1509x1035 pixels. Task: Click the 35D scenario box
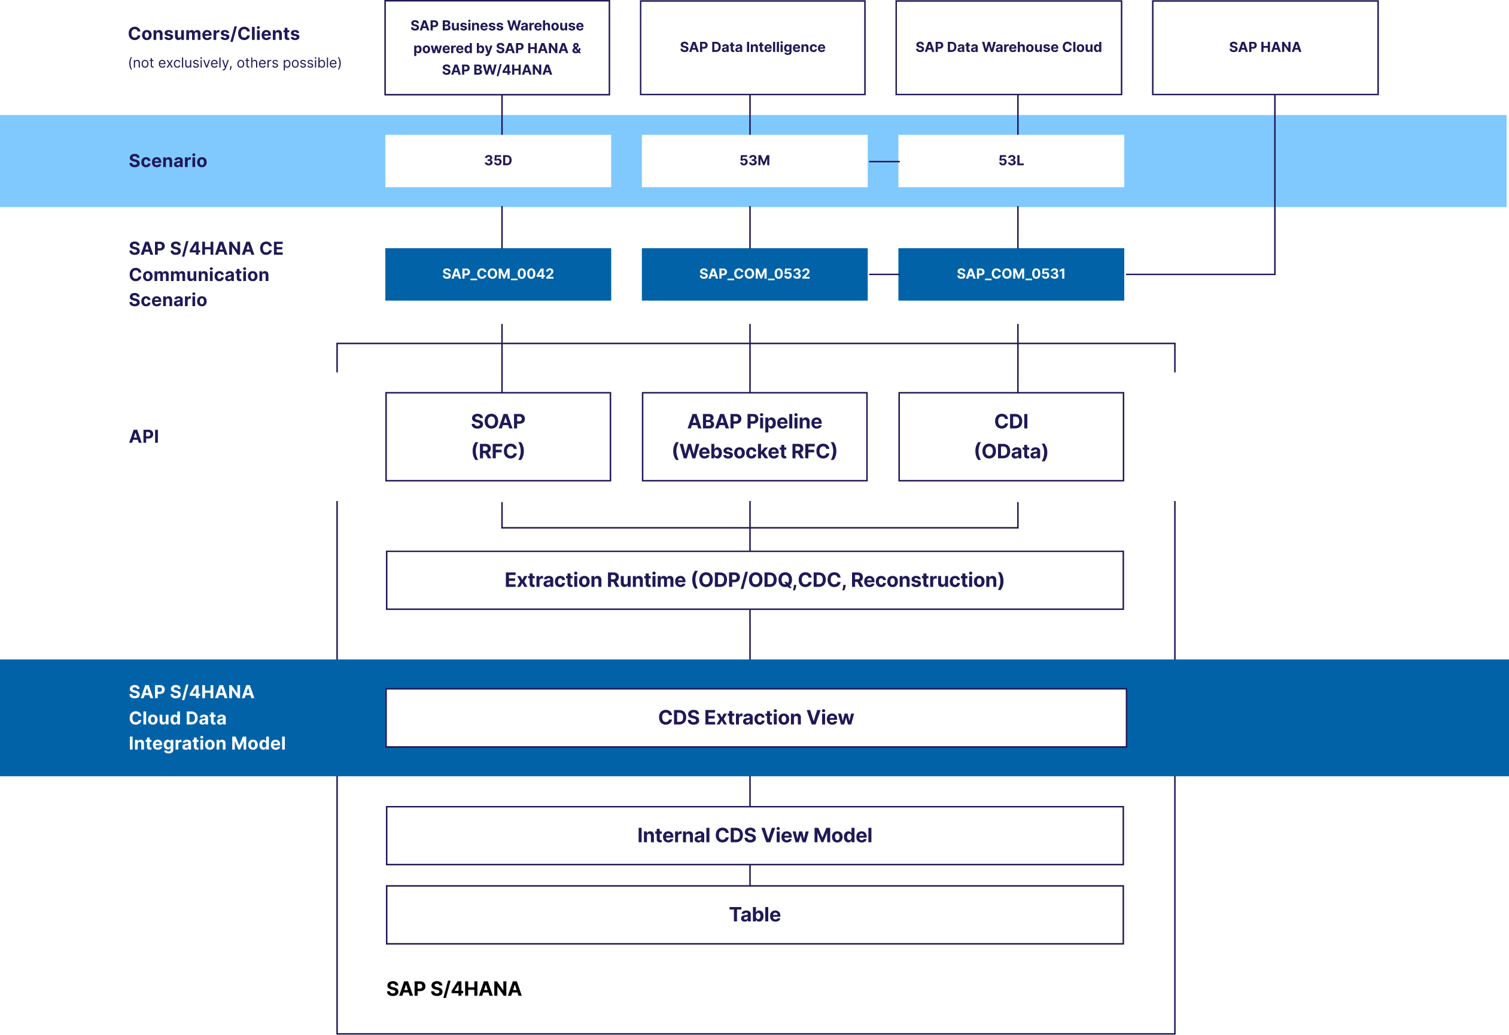[x=498, y=160]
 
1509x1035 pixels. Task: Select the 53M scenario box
[x=754, y=160]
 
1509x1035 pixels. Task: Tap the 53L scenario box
[x=1011, y=160]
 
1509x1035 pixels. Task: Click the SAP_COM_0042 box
[x=498, y=274]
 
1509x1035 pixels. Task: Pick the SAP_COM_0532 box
[x=754, y=274]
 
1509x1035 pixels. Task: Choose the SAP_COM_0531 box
[x=1011, y=274]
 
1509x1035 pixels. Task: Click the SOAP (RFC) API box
[x=498, y=436]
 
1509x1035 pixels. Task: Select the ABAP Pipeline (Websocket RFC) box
[x=754, y=436]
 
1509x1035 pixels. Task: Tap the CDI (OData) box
[x=1011, y=436]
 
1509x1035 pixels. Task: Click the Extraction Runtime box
[x=754, y=580]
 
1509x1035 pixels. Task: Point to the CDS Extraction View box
[x=755, y=717]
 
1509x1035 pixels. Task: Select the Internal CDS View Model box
[x=754, y=835]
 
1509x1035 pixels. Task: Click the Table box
[x=754, y=914]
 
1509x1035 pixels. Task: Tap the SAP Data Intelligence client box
[x=752, y=47]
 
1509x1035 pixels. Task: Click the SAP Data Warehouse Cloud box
[x=1008, y=47]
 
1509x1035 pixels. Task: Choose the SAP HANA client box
[x=1264, y=47]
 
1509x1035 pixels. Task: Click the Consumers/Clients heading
[x=214, y=33]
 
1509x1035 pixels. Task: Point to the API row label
[x=144, y=436]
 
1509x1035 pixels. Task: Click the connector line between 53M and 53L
[x=883, y=161]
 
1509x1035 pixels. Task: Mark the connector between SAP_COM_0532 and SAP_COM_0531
[x=883, y=274]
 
